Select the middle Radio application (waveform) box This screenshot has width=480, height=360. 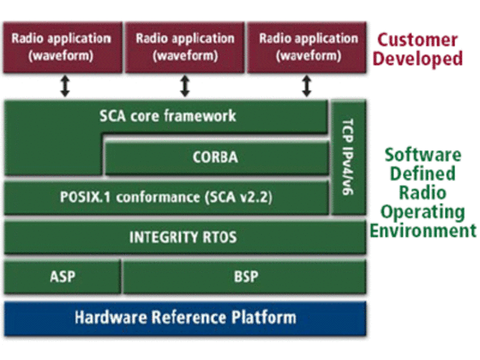pos(184,46)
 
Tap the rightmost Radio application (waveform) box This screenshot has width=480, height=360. pos(306,46)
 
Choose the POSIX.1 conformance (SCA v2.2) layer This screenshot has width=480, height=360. pos(166,199)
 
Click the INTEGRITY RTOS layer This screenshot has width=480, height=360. pos(183,238)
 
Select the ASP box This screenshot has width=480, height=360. pos(63,277)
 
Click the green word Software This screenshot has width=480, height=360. pos(422,155)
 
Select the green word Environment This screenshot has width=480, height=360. pos(422,229)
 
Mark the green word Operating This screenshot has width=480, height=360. pos(422,211)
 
